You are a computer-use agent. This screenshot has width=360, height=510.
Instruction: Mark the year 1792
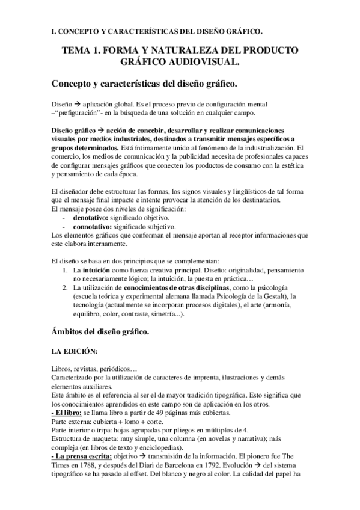[207, 465]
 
